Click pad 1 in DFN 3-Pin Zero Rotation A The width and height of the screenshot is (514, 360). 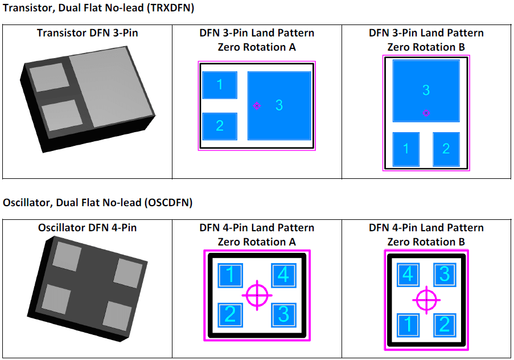pos(220,85)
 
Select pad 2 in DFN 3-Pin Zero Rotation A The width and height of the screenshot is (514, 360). pos(220,126)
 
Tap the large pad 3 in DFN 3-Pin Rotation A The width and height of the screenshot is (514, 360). pos(279,105)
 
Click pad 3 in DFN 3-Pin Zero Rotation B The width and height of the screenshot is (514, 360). pos(426,91)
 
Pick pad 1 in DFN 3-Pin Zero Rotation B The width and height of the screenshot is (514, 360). pos(406,149)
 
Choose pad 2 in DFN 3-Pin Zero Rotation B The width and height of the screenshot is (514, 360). pos(446,149)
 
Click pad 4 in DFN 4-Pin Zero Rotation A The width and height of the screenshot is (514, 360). pos(283,276)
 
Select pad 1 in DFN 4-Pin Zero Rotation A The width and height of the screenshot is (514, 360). pos(230,276)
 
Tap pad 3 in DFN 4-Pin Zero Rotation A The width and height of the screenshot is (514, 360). pos(283,314)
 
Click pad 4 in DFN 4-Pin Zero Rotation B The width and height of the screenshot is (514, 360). pos(407,275)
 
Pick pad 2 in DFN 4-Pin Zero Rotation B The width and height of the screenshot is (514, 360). pos(445,325)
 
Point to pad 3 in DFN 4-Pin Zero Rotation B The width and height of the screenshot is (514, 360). pos(445,275)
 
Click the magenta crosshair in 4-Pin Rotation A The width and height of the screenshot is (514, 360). pos(257,295)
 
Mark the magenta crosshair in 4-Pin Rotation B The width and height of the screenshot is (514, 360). pos(426,300)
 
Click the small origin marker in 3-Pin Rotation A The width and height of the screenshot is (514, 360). pos(257,106)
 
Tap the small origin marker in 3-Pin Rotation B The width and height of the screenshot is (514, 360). pos(426,113)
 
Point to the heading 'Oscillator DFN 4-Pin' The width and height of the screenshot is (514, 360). pos(87,228)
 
